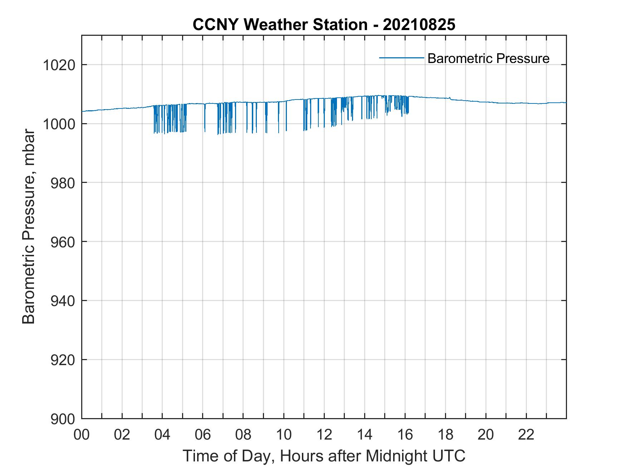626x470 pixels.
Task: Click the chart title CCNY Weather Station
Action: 280,25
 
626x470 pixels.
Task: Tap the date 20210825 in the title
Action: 419,25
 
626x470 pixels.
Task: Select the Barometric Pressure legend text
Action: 488,58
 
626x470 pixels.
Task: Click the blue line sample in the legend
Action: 401,58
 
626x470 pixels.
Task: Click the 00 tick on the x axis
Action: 82,435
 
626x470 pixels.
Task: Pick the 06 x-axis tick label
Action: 203,435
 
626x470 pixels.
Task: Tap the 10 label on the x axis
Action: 284,435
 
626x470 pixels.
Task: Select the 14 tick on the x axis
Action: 365,435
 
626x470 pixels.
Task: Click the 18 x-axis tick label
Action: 445,435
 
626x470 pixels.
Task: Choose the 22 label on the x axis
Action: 526,435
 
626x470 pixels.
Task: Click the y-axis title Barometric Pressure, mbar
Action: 29,227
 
